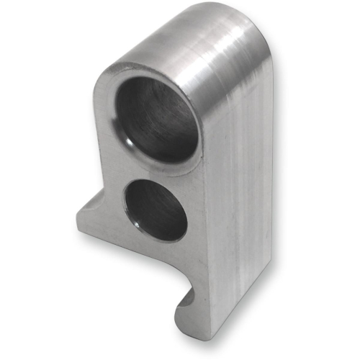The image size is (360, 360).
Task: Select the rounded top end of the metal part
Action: point(209,29)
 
